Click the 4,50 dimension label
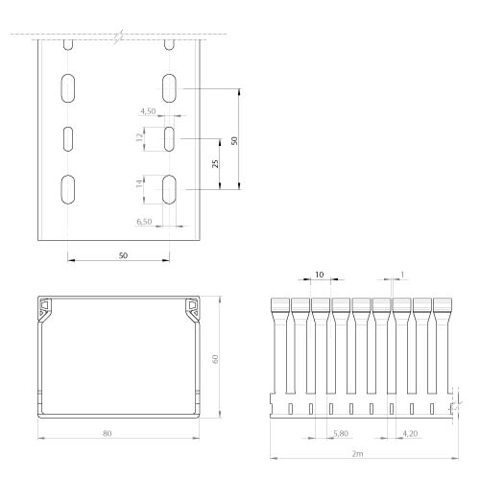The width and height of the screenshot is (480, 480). coord(148,111)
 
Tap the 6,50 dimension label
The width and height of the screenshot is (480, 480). coord(144,222)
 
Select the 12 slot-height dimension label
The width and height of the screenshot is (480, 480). coord(139,137)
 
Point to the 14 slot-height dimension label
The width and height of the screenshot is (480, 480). coord(139,183)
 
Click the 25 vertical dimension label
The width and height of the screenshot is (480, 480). coord(215,163)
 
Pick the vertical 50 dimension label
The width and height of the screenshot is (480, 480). coord(234,140)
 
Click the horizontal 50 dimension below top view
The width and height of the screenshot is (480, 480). coord(123,255)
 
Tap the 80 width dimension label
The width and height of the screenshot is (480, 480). coord(108,433)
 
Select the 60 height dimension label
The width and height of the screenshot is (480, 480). coord(215,359)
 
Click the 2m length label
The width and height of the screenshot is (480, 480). coord(357,453)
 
